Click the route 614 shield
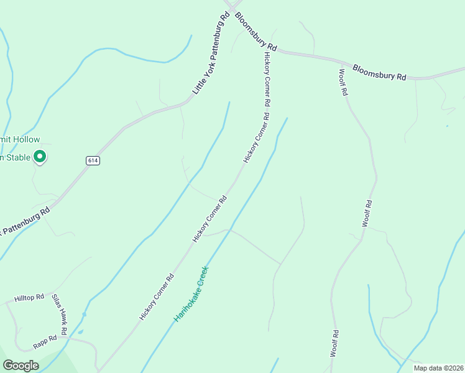pos(93,160)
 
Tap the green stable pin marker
pos(40,157)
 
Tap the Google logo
pos(21,366)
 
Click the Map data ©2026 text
pos(438,368)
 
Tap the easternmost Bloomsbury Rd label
pos(379,72)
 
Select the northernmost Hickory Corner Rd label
pos(268,78)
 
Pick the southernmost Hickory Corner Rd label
pos(156,298)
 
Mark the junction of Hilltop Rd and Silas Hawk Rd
pos(51,296)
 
